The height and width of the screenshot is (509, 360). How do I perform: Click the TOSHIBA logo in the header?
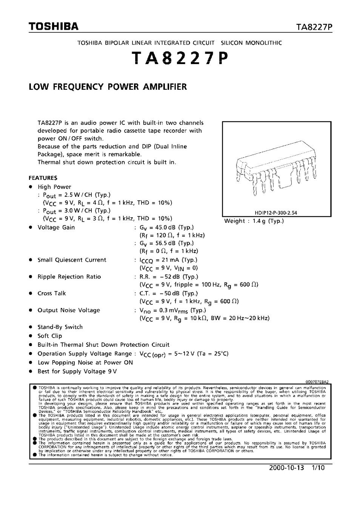[54, 26]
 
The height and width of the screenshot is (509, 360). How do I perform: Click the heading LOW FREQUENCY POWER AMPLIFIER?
[108, 87]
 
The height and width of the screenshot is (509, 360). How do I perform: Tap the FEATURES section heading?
[43, 178]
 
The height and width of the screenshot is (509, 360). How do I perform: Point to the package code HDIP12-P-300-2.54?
[273, 213]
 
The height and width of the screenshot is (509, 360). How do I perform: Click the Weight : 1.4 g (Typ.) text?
[254, 221]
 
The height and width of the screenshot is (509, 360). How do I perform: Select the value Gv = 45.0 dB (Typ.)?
[166, 227]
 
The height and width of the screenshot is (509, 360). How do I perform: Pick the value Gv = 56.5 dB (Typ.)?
[166, 243]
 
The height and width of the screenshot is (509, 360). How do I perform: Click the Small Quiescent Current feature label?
[72, 260]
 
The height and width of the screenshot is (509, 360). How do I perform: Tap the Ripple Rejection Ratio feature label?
[69, 277]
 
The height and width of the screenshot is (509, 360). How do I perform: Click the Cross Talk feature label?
[52, 293]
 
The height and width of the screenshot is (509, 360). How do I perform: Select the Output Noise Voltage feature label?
[69, 310]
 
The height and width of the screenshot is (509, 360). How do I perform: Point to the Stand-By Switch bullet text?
[60, 327]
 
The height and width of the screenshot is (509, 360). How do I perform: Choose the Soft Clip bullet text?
[50, 336]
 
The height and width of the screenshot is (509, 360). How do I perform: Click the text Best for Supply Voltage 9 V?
[77, 371]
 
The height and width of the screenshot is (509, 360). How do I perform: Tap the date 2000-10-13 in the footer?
[286, 468]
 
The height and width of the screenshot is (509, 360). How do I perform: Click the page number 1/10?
[318, 468]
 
